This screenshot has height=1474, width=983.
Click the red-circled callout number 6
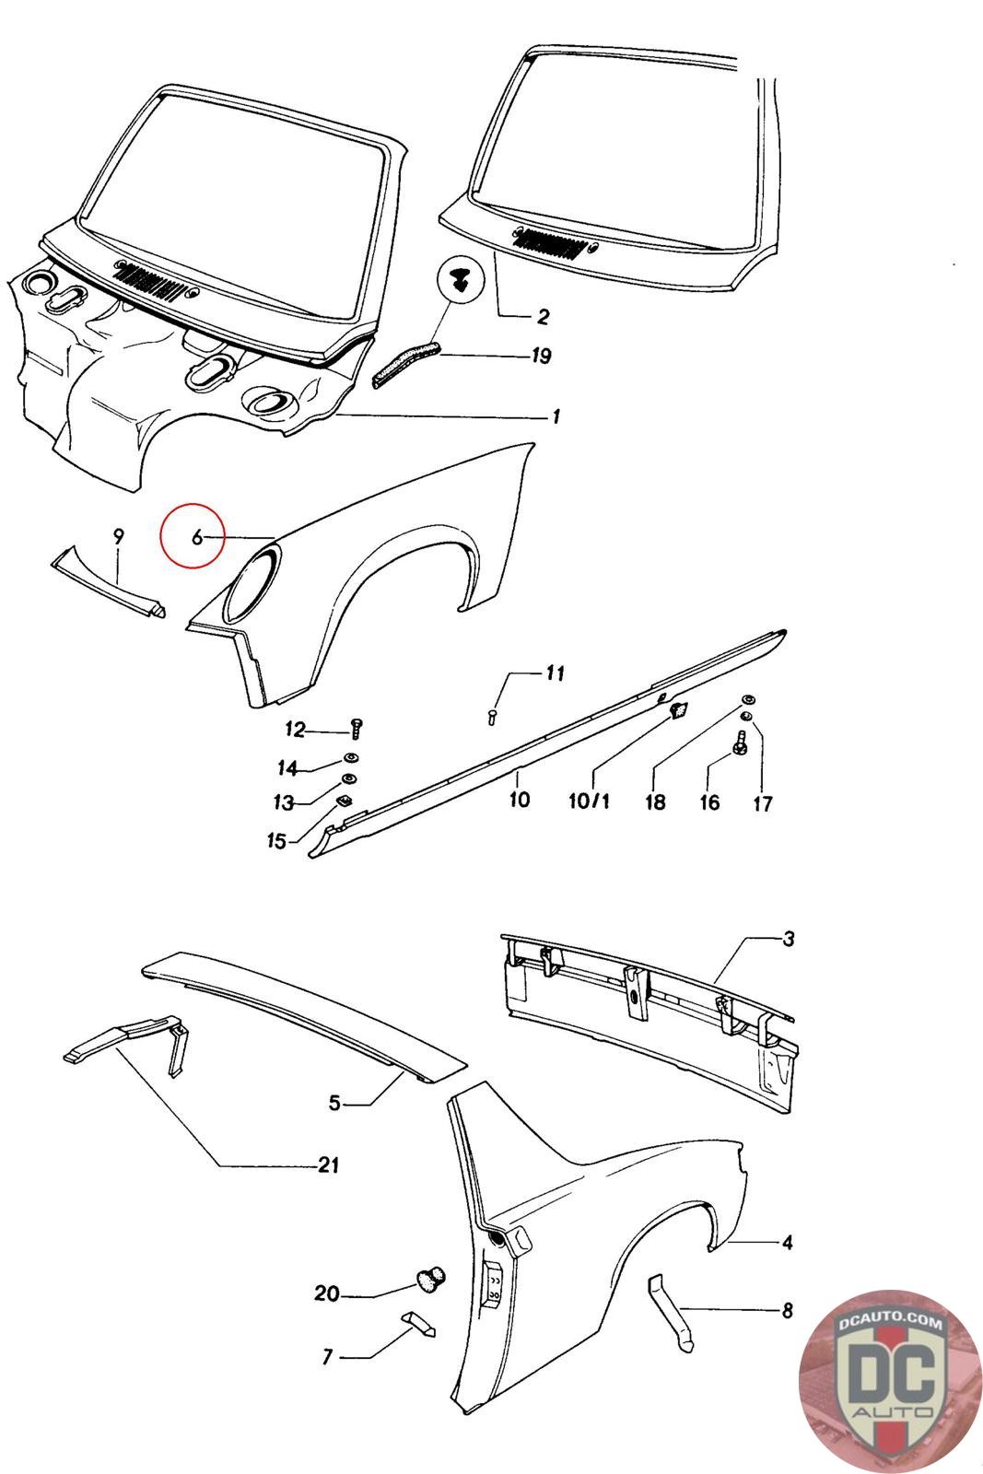coord(196,537)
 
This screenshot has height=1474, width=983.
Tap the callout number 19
coord(541,356)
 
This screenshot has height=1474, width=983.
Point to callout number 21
coord(328,1165)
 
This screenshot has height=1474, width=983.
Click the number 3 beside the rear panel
coord(788,940)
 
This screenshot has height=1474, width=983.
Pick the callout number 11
coord(554,674)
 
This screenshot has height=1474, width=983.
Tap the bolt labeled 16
coord(740,740)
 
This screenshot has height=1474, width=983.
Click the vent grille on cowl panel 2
coord(550,243)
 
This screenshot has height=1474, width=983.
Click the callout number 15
coord(276,841)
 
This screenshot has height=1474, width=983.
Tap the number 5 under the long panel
coord(335,1102)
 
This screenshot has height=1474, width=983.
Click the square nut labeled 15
coord(345,800)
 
